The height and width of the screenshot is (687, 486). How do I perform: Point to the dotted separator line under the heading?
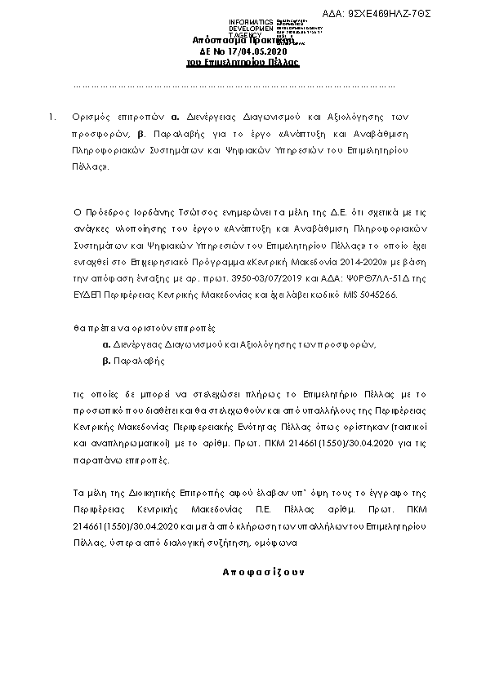tap(234, 86)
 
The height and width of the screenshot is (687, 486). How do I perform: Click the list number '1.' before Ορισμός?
tap(51, 117)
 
